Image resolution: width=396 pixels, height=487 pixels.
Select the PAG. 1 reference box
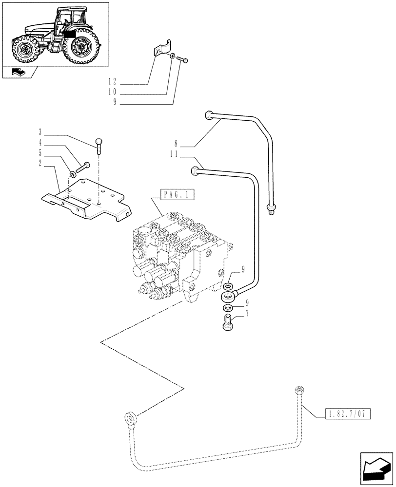176,195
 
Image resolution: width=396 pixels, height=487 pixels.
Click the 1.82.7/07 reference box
347,414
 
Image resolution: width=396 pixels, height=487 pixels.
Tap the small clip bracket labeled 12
160,51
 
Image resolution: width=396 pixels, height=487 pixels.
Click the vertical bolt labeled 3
99,146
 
